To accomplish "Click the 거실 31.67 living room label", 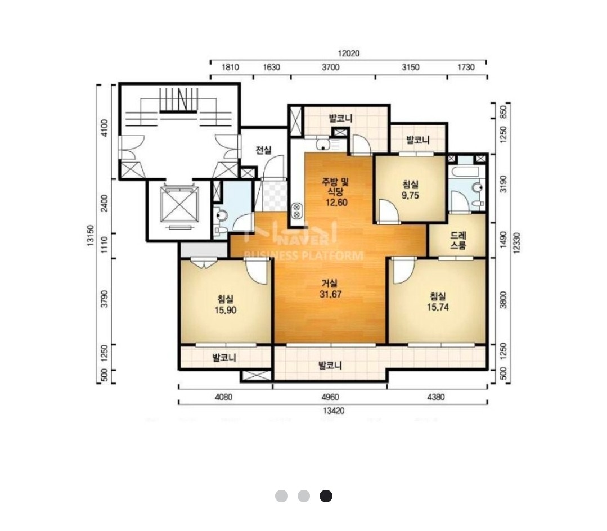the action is tap(331, 289).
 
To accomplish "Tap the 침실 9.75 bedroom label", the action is tap(410, 190).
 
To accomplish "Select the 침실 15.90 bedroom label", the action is tap(225, 304).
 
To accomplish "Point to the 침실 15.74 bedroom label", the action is tap(438, 301).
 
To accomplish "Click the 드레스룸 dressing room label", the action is tap(458, 240).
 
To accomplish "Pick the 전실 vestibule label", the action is tap(263, 150).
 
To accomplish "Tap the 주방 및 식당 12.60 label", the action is tap(336, 192).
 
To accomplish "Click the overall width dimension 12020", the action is tap(348, 53).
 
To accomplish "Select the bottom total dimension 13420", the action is tap(333, 411).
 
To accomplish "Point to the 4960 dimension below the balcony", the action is tap(330, 397).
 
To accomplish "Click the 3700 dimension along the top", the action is tap(331, 67).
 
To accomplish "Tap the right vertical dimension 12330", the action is tap(516, 242).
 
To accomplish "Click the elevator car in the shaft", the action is tap(179, 204).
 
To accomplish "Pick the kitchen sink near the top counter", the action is tap(322, 145).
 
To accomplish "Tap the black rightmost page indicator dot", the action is tap(326, 496).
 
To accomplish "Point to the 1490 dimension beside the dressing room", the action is tap(503, 240).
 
